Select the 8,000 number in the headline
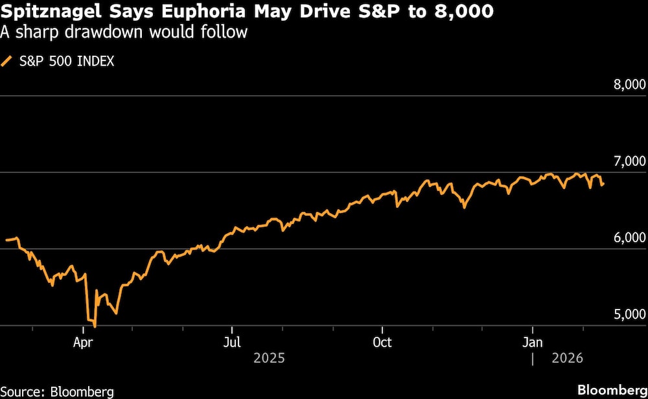452,11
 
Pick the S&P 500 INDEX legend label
67,62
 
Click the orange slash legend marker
8,62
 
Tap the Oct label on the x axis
382,342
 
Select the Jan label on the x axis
533,342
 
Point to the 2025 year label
269,358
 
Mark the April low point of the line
95,326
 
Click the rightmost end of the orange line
604,184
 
